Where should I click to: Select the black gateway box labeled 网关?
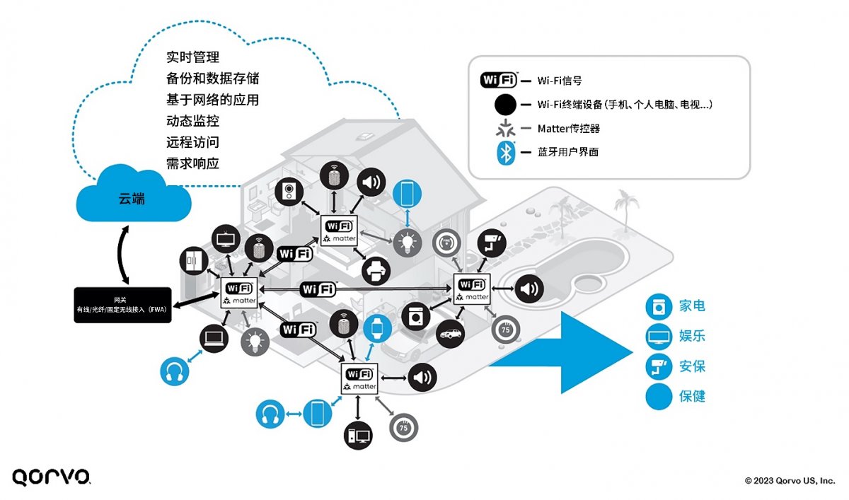coord(122,305)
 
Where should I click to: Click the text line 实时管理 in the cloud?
coord(192,57)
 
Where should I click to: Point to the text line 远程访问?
coord(192,142)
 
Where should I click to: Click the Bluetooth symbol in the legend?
coord(506,153)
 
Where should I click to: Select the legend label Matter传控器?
coord(569,129)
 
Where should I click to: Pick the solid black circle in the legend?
coord(505,105)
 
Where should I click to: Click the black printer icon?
coord(376,271)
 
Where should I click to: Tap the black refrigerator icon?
coord(194,261)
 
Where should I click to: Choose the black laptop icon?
coord(214,339)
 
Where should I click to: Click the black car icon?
coord(450,334)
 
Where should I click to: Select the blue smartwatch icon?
coord(377,329)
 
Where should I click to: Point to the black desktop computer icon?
coord(358,436)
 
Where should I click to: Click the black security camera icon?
coord(492,243)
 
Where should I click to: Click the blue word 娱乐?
coord(692,336)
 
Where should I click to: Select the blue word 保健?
coord(692,397)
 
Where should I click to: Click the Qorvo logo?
coord(51,477)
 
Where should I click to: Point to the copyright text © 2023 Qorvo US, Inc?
coord(790,481)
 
